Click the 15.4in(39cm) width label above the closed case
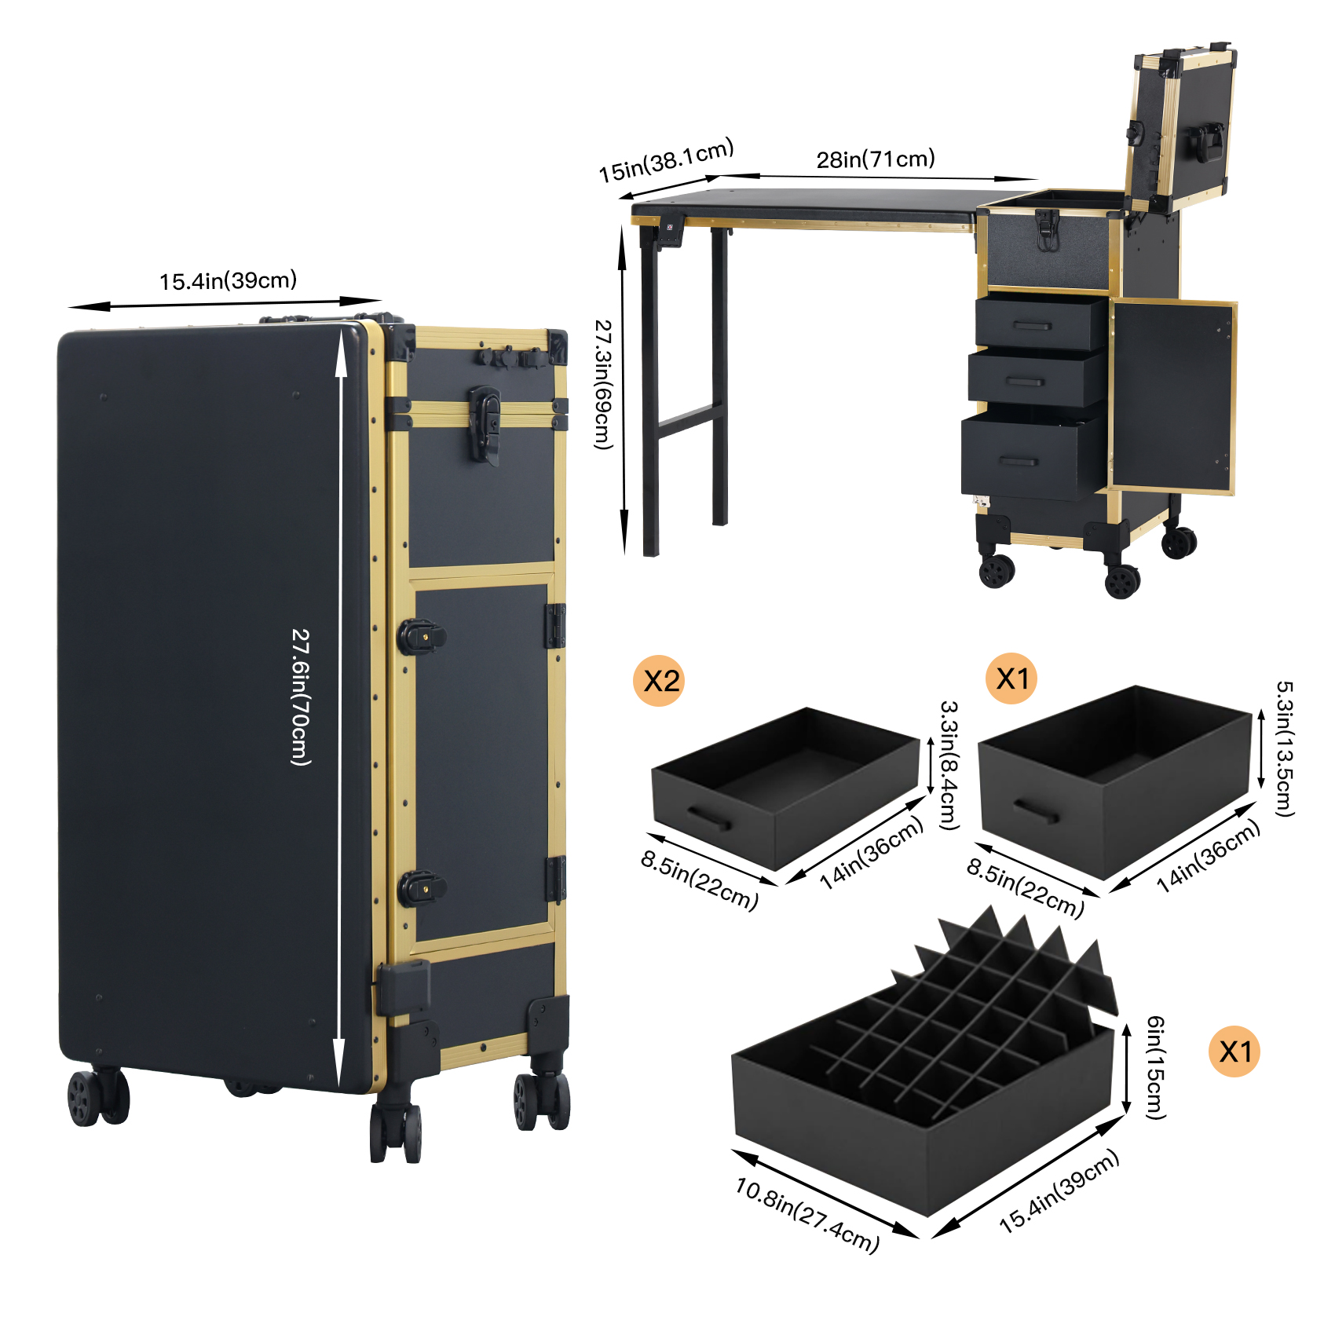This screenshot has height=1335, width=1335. [228, 280]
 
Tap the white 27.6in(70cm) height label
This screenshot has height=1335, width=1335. [301, 697]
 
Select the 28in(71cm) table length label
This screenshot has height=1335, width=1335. [876, 159]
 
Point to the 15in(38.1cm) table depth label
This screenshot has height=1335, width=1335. [666, 160]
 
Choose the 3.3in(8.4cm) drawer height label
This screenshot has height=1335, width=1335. [949, 765]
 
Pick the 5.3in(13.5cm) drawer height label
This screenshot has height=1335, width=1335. [1284, 748]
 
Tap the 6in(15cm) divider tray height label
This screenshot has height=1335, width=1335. [1155, 1067]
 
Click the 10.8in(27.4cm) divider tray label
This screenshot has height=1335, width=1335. [807, 1214]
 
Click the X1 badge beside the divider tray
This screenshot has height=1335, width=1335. [1234, 1051]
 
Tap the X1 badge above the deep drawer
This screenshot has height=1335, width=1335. [1011, 678]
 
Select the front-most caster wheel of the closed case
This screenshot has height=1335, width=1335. [396, 1132]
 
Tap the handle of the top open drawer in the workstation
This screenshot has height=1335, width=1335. [1031, 325]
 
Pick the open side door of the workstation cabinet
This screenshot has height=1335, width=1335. [1172, 397]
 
